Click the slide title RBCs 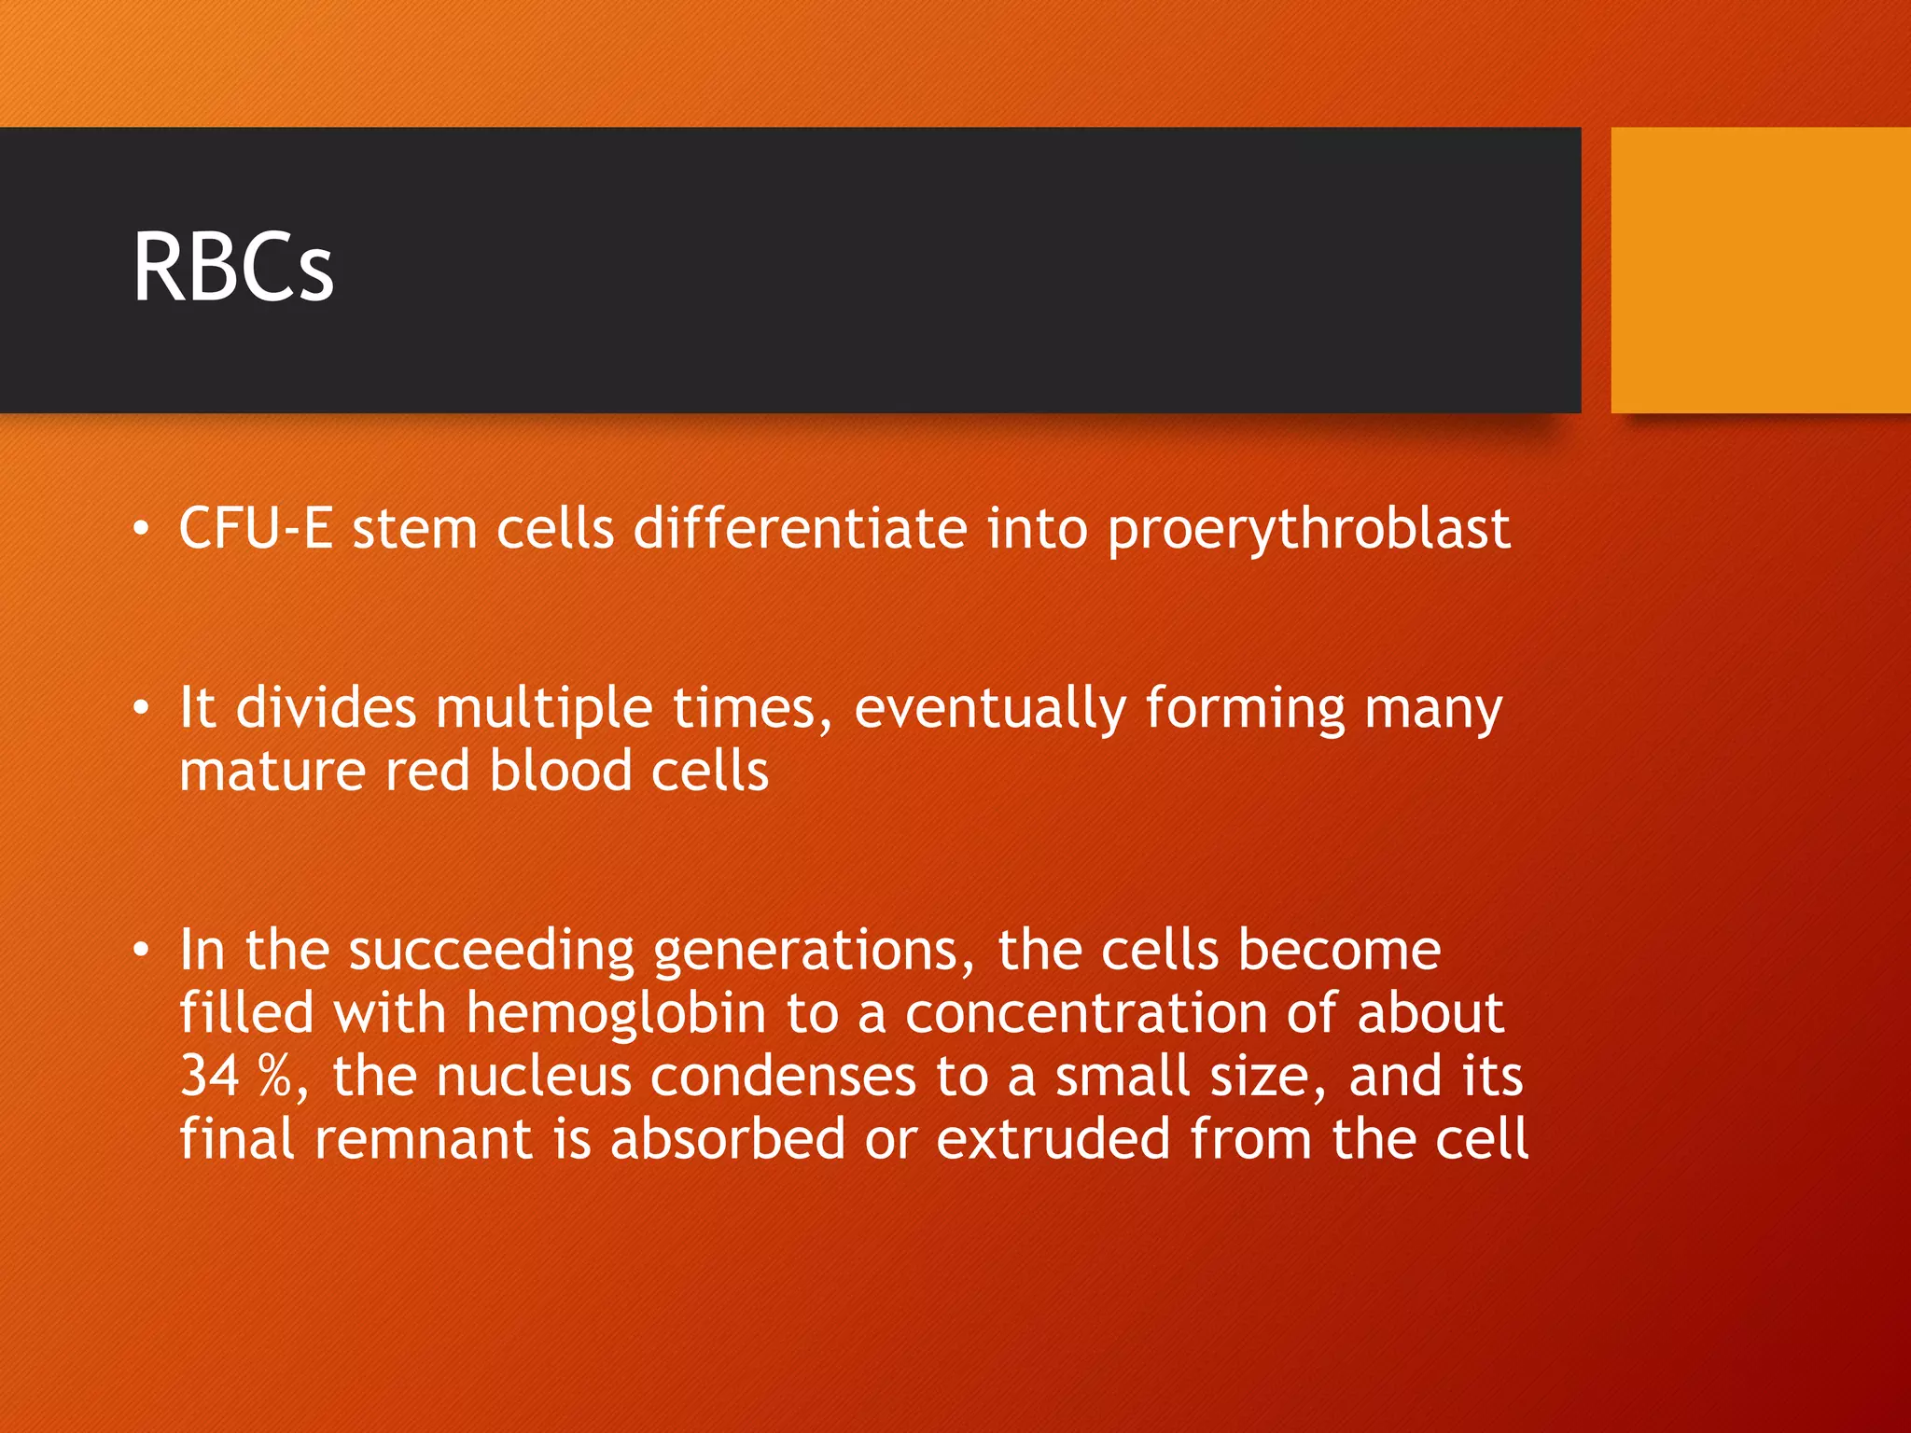tap(233, 269)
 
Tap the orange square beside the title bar tap(1760, 271)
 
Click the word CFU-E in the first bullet tap(256, 529)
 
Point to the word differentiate tap(800, 529)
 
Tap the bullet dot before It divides tap(141, 709)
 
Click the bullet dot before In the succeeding tap(141, 951)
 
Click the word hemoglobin tap(616, 1014)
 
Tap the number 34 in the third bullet tap(210, 1077)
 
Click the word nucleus tap(534, 1077)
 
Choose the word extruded tap(1053, 1139)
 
